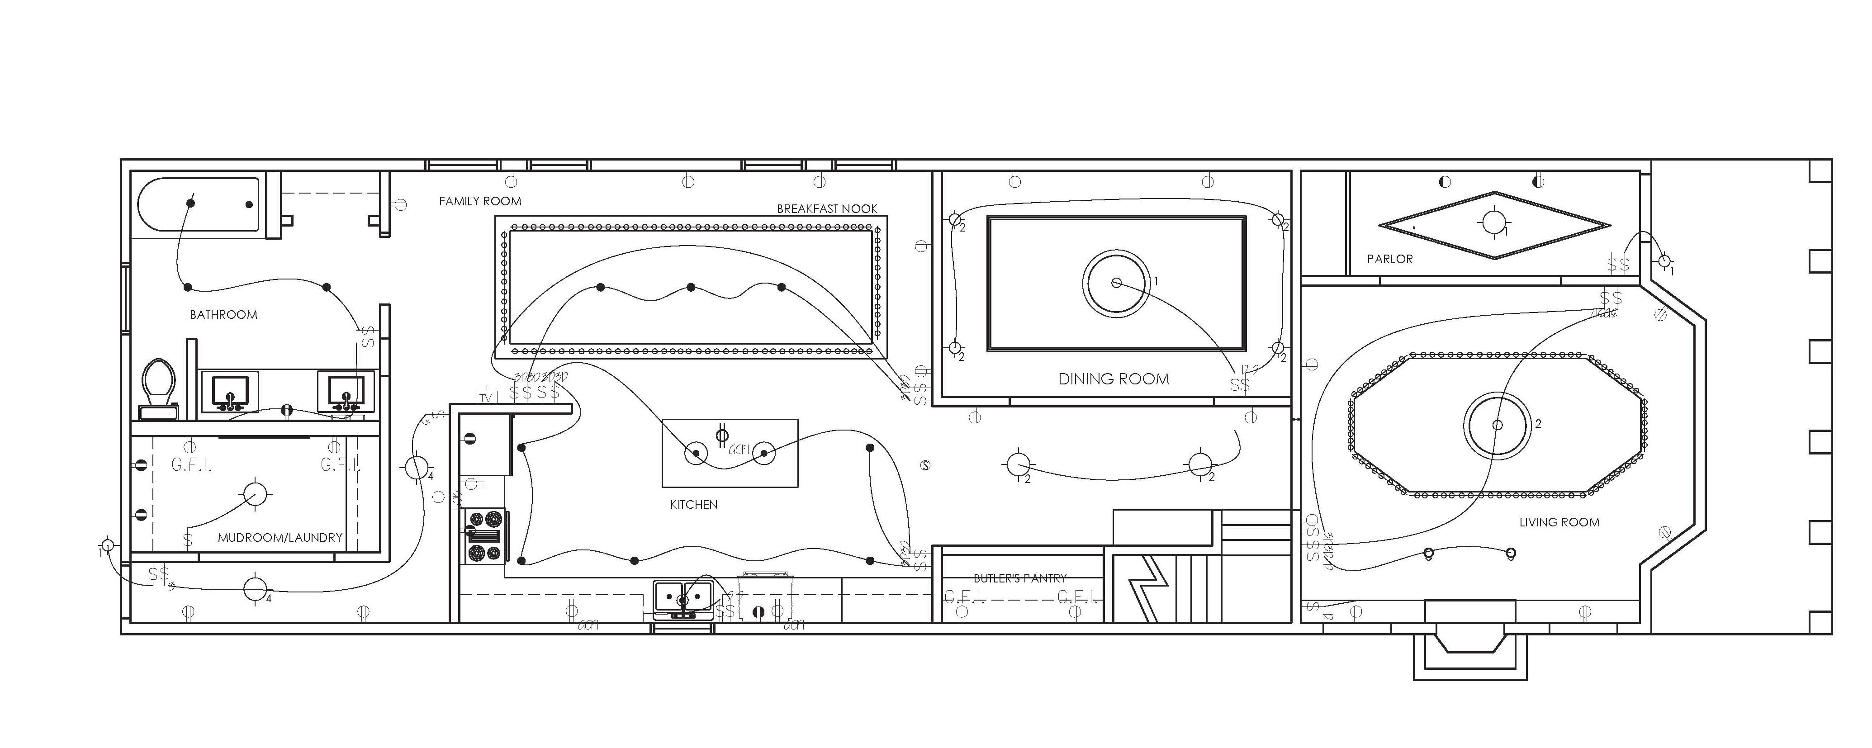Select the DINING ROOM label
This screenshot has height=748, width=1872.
pyautogui.click(x=1114, y=379)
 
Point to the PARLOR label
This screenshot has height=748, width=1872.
pyautogui.click(x=1389, y=259)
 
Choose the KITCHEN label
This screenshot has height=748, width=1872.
pyautogui.click(x=693, y=505)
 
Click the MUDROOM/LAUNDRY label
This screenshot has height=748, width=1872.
pyautogui.click(x=280, y=538)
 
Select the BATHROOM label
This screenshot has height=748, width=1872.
pyautogui.click(x=223, y=315)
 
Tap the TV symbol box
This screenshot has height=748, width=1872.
pyautogui.click(x=485, y=398)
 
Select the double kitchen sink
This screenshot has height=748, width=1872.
pyautogui.click(x=682, y=597)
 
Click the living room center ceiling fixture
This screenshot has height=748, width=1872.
pyautogui.click(x=1496, y=425)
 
